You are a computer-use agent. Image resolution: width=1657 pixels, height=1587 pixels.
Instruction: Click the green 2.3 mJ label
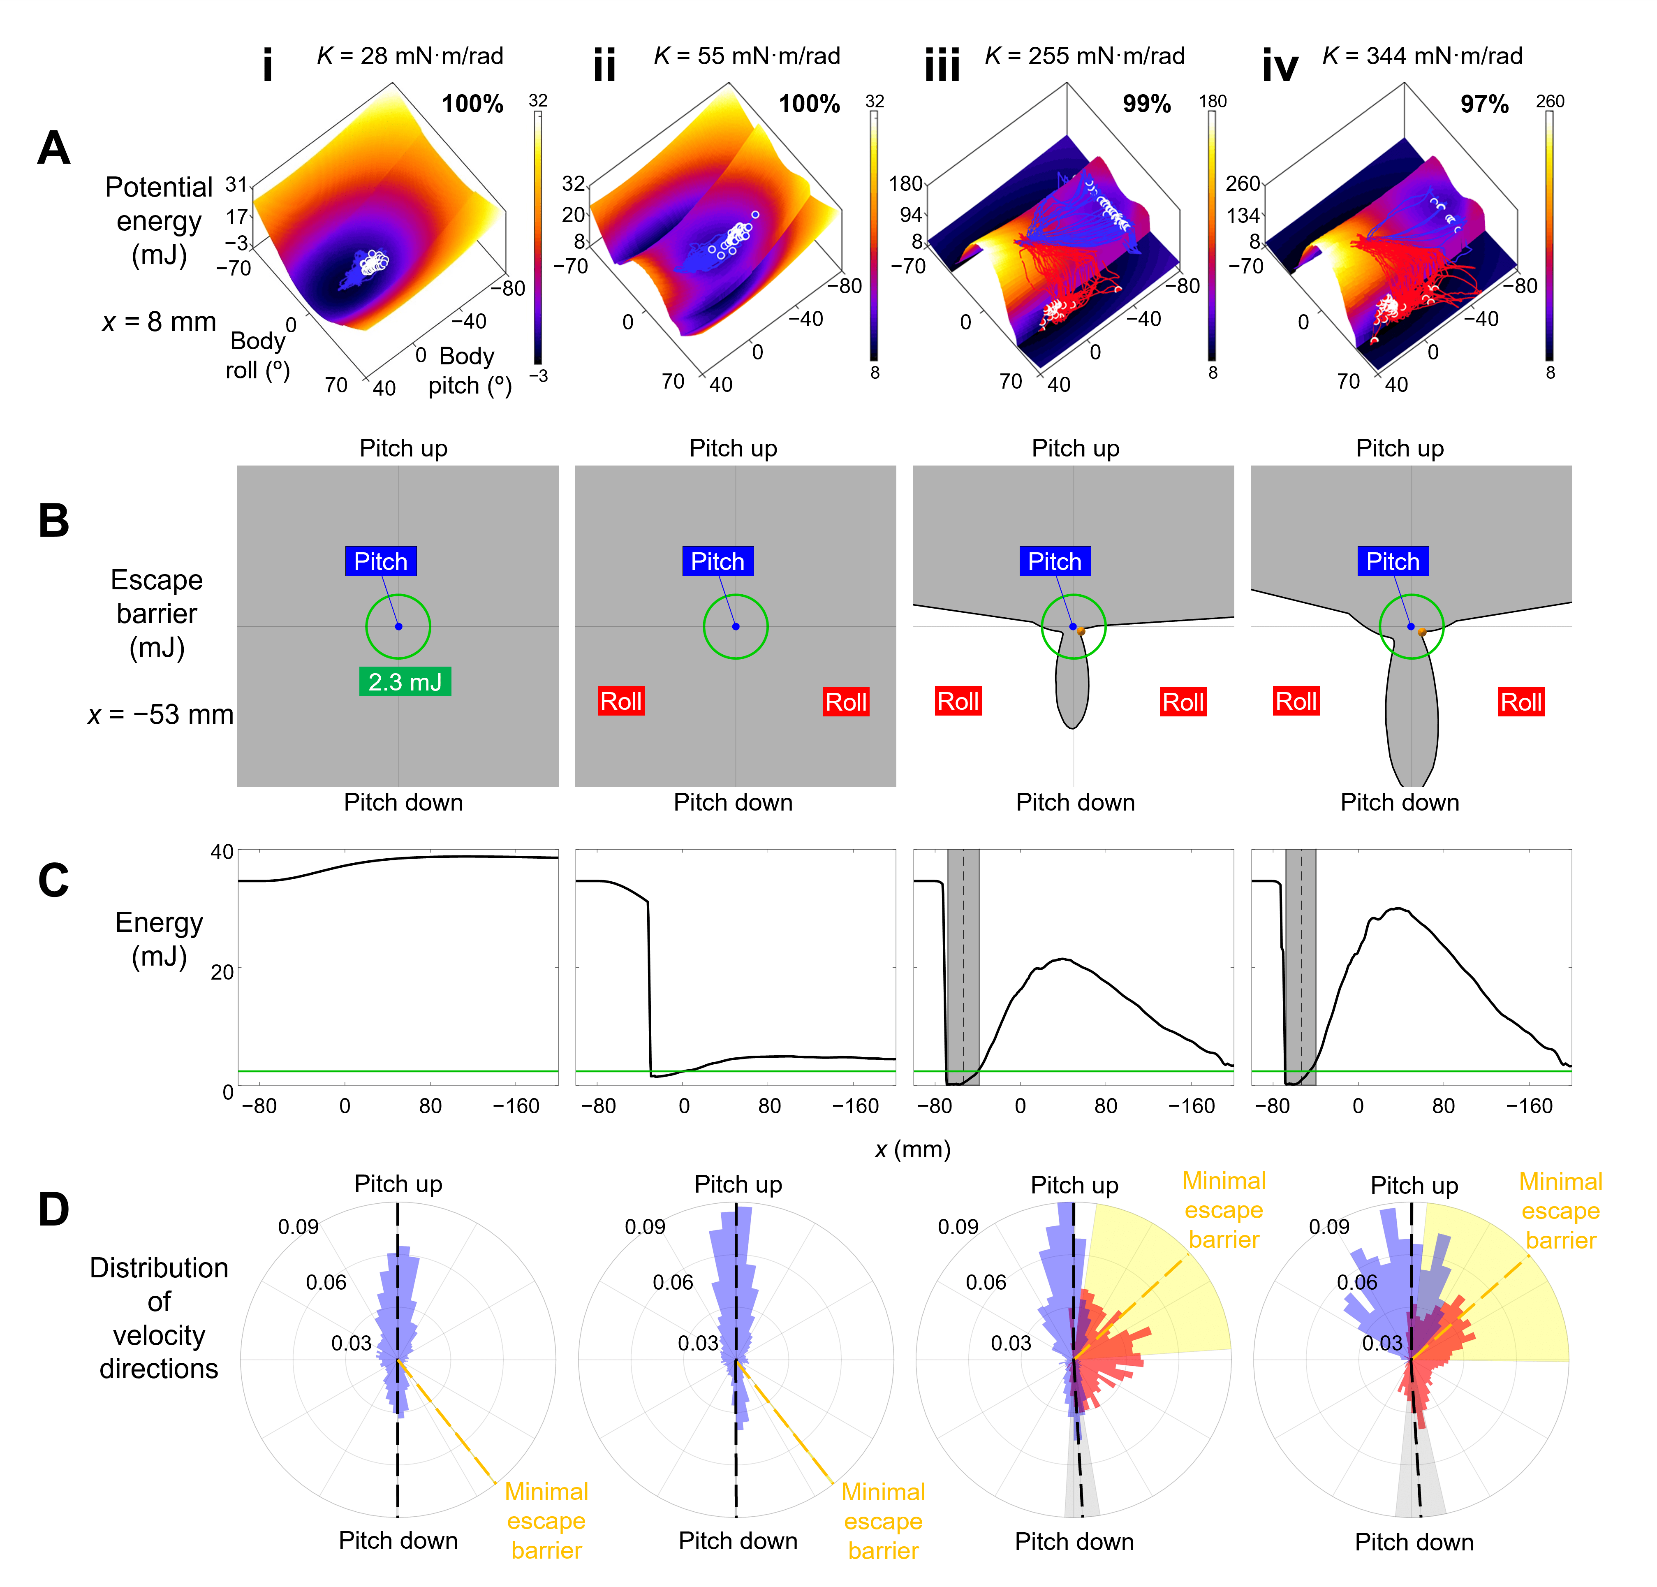click(x=405, y=681)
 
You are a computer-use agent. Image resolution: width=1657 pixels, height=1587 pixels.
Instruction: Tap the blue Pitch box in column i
click(x=380, y=561)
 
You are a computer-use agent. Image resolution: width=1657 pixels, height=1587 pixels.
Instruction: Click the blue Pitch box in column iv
click(x=1392, y=561)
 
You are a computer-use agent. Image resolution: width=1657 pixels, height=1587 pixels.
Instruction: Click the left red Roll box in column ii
click(x=621, y=701)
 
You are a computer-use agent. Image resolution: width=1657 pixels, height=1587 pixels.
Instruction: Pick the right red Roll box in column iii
click(x=1183, y=702)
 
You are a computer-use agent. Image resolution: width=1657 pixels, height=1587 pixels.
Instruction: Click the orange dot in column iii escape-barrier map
click(x=1081, y=631)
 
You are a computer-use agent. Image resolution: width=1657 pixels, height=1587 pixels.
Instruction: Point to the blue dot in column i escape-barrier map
click(x=398, y=626)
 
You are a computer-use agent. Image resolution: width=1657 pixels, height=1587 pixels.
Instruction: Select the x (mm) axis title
click(x=912, y=1149)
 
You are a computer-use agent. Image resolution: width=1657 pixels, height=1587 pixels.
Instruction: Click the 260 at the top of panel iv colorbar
click(x=1551, y=102)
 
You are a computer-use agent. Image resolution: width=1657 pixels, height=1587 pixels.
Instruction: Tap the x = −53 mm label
click(x=161, y=714)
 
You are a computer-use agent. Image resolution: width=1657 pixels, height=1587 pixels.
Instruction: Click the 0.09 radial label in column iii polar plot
click(x=958, y=1227)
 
